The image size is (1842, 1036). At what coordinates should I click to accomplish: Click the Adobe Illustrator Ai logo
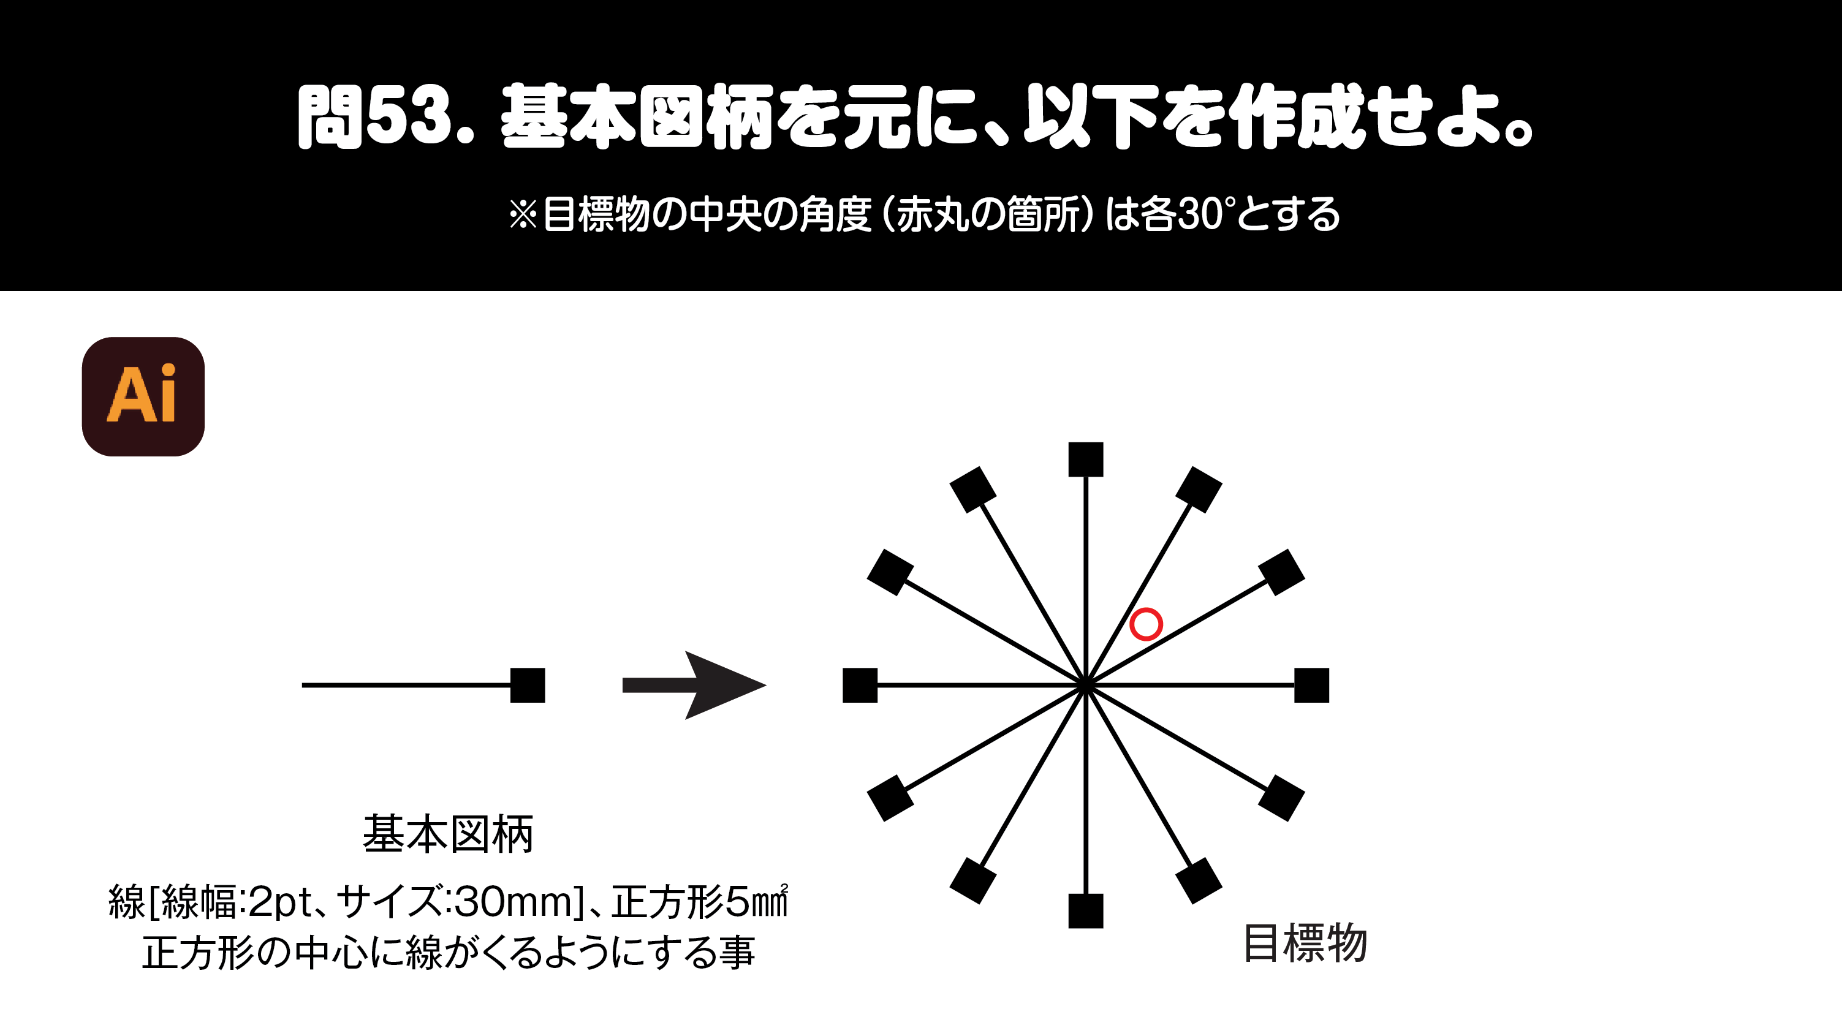[x=143, y=396]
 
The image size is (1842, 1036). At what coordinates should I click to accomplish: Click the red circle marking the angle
[x=1145, y=624]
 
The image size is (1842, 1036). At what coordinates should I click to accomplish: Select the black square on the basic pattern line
[x=528, y=685]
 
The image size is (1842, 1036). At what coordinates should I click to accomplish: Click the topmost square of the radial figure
[x=1085, y=459]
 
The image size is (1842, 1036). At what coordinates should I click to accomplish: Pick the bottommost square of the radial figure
[x=1085, y=911]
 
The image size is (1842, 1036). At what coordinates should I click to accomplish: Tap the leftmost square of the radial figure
[x=860, y=685]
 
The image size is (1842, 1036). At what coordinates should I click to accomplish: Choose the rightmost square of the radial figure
[x=1311, y=685]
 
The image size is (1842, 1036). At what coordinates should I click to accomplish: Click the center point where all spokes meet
[x=1085, y=685]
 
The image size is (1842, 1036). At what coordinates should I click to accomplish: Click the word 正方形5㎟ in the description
[x=699, y=902]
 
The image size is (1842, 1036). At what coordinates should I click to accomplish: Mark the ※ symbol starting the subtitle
[x=523, y=214]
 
